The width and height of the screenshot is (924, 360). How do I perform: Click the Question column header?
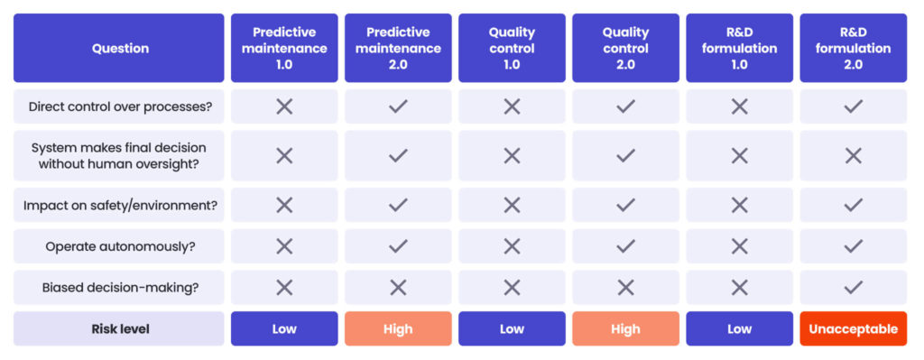point(119,48)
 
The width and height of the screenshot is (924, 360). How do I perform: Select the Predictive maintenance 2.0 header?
point(398,48)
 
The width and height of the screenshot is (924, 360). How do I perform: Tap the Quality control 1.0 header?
point(512,48)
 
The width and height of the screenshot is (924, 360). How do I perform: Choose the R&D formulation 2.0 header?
point(853,48)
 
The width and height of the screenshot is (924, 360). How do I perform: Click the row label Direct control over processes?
point(119,106)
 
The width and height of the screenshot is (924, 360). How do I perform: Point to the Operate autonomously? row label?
point(119,246)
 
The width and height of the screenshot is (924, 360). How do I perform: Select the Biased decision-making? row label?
point(119,288)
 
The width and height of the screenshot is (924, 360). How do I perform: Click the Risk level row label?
point(119,329)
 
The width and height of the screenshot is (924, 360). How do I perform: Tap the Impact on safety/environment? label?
point(119,206)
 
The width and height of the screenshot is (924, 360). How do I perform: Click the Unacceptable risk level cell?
point(853,329)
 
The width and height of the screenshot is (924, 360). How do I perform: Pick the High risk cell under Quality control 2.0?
point(625,329)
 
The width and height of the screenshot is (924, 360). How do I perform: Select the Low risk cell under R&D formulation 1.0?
point(739,329)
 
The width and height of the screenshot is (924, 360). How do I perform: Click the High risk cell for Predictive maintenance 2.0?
point(398,329)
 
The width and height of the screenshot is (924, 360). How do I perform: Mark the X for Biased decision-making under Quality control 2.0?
point(625,288)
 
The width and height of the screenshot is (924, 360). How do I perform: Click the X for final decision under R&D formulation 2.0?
point(853,156)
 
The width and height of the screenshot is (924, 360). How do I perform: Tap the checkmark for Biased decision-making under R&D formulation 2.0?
point(853,288)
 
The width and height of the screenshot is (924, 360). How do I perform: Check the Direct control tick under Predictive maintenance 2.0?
point(398,106)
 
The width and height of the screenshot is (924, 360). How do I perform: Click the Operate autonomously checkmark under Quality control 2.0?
point(625,246)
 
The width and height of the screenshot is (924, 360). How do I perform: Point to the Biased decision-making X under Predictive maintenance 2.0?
point(398,288)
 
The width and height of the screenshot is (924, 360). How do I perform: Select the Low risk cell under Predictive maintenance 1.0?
point(284,329)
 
